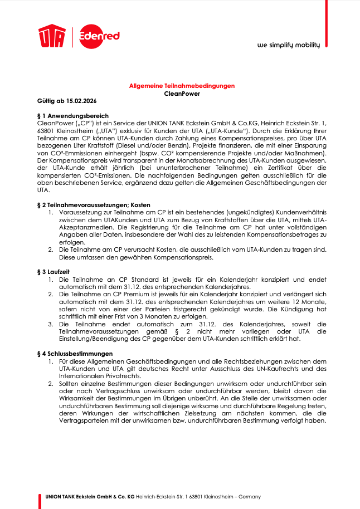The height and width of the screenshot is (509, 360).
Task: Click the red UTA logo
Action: tap(52, 37)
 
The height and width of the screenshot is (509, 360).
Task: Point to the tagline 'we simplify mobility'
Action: tap(288, 46)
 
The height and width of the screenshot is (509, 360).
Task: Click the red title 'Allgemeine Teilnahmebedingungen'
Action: tap(182, 86)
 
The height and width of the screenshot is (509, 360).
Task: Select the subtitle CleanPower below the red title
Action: tap(182, 94)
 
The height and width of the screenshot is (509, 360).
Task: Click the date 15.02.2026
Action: tap(82, 101)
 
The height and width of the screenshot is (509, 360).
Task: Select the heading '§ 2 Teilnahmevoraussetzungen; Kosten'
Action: tap(89, 205)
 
